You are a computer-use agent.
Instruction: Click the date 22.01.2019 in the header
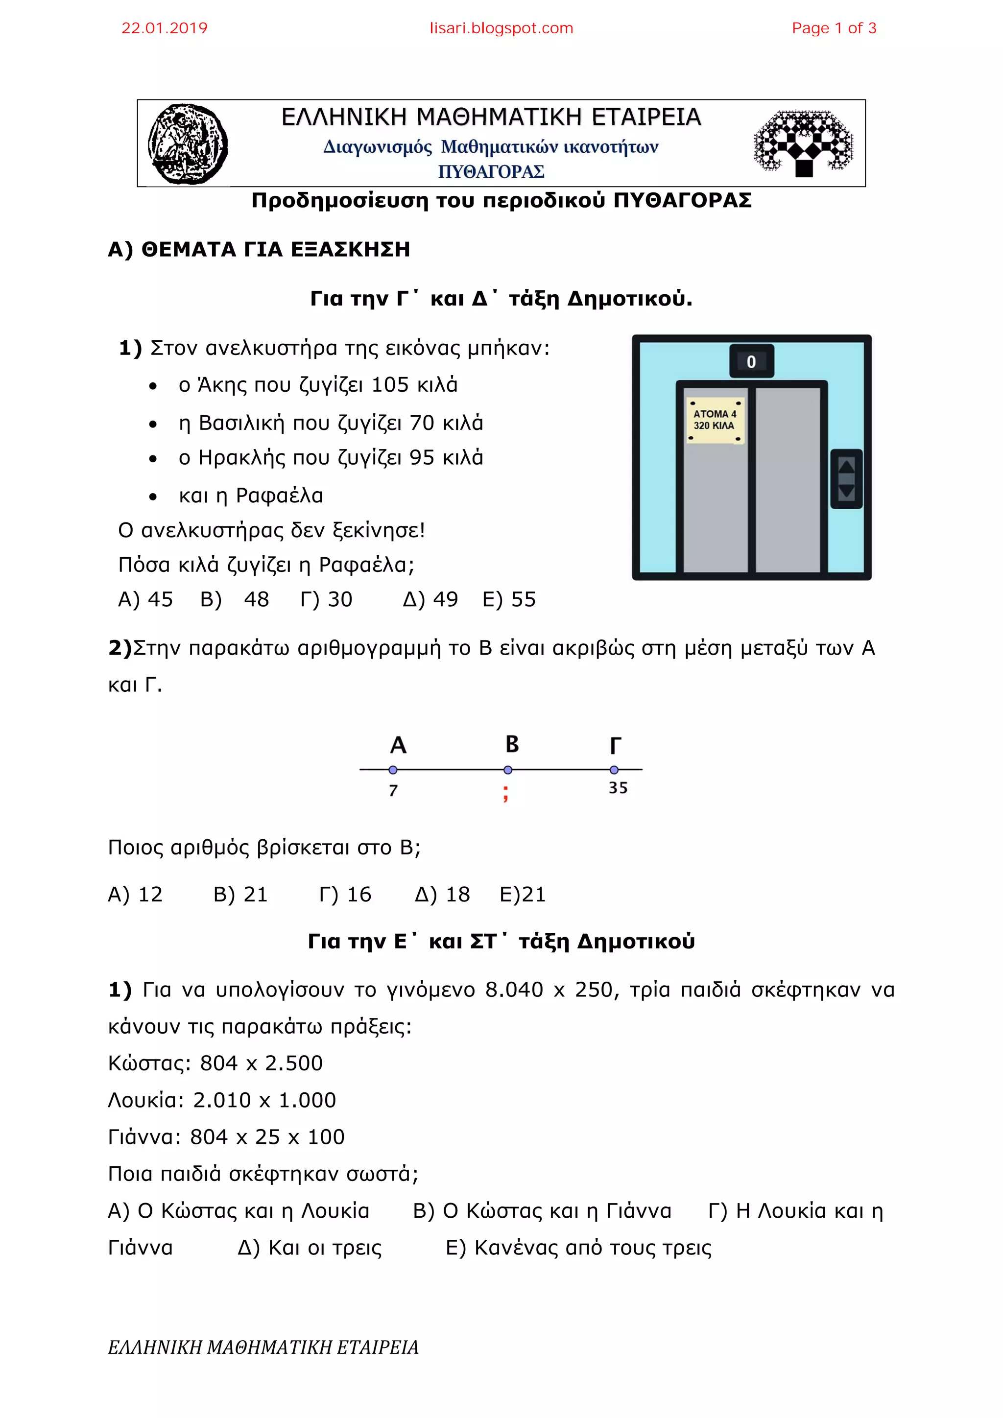point(164,28)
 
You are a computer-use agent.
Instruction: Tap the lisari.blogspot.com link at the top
point(501,28)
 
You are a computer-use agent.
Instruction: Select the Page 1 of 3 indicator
point(834,28)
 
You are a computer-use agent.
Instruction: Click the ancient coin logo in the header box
point(187,144)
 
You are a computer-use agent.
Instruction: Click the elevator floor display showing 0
point(751,362)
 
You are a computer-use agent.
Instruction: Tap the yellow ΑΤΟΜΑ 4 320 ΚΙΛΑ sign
point(715,421)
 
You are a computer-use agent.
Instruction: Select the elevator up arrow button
point(846,466)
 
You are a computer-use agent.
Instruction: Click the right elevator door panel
point(788,479)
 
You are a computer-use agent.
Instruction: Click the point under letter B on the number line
point(508,770)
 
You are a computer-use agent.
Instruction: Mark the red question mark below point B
point(506,793)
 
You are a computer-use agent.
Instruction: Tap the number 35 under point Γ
point(618,788)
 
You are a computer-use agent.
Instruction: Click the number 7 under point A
point(393,790)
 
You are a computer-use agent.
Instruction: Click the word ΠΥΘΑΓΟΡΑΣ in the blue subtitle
point(491,172)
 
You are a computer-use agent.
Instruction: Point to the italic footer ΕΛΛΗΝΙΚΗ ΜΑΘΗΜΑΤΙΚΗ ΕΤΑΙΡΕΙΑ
point(263,1347)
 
